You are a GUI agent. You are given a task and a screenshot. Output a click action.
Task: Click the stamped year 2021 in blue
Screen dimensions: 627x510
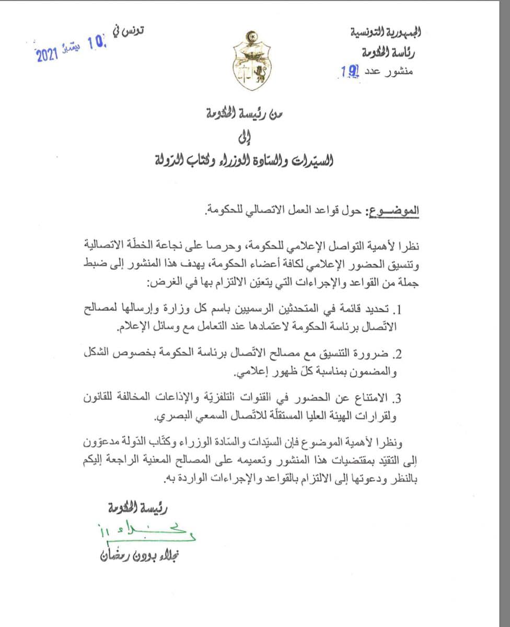pos(46,56)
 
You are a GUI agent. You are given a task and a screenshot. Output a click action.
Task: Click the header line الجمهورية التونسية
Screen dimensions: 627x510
pos(386,32)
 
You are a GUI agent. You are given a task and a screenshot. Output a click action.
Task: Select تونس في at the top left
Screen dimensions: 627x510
pos(128,30)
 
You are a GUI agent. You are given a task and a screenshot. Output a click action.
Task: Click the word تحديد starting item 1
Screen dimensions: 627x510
pos(378,311)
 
